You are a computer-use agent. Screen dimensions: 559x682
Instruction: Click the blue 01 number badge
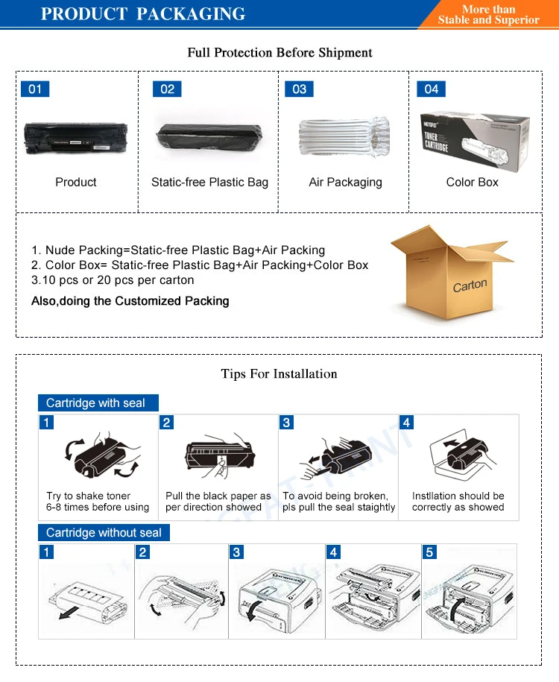[34, 89]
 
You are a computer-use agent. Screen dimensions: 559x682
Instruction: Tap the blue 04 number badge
[432, 89]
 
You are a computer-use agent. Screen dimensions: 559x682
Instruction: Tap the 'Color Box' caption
[472, 182]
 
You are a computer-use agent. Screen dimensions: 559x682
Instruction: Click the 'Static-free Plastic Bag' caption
[209, 182]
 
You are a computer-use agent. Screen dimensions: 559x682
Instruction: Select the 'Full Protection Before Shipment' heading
[279, 53]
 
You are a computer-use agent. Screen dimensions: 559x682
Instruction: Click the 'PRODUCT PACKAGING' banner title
[143, 14]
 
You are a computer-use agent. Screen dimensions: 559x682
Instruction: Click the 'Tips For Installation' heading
[279, 373]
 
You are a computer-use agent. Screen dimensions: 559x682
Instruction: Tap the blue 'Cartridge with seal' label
[96, 403]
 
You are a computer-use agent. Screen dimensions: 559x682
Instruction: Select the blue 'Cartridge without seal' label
[104, 533]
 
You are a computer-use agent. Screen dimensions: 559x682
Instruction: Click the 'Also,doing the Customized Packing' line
[130, 301]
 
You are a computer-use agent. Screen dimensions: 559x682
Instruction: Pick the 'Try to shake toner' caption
[88, 496]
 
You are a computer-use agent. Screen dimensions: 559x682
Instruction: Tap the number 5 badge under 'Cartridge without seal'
[429, 552]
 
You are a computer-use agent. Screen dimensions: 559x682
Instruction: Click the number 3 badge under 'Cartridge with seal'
[287, 423]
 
